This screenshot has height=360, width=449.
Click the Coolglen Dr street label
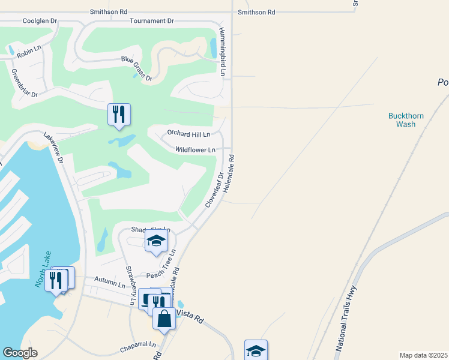click(x=40, y=21)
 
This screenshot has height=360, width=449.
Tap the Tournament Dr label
click(x=152, y=21)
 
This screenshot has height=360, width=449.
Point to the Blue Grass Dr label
click(x=137, y=68)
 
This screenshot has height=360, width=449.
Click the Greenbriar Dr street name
click(x=25, y=83)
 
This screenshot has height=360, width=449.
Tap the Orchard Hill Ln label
click(x=189, y=134)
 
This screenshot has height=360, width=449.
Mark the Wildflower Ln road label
click(x=195, y=150)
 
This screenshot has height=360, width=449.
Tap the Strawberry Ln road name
click(x=130, y=285)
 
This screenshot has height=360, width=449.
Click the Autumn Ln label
click(x=110, y=280)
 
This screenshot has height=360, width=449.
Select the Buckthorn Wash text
click(x=402, y=120)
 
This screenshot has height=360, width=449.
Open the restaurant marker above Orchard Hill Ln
click(x=119, y=115)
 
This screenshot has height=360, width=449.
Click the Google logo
click(x=20, y=353)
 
